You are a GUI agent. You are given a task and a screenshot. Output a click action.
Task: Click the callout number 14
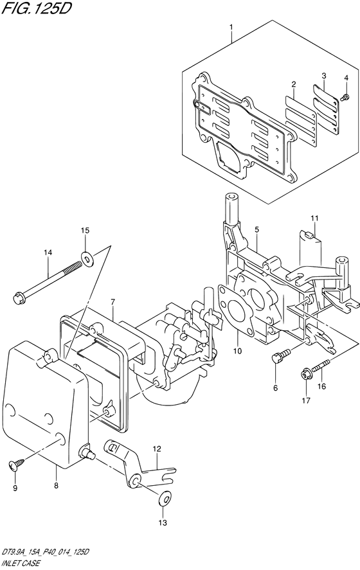point(48,253)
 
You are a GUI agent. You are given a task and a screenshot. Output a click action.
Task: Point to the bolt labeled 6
point(281,355)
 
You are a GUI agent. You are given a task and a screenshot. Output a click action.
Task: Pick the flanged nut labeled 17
point(305,374)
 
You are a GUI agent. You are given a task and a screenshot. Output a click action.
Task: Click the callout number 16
point(321,386)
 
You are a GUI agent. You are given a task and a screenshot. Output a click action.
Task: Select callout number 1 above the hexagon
point(231,27)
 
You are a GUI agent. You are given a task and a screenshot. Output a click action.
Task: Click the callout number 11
point(314,218)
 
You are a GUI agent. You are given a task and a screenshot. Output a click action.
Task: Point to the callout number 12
point(157,449)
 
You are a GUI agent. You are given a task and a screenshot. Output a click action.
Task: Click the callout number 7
point(113,302)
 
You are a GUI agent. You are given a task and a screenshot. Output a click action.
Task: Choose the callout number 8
point(56,486)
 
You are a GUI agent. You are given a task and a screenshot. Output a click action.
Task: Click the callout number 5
point(256,229)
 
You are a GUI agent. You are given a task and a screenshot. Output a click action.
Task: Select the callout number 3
point(323,76)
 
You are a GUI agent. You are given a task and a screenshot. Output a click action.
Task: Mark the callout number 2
point(293,84)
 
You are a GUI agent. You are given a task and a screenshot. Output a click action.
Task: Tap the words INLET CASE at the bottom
point(21,564)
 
